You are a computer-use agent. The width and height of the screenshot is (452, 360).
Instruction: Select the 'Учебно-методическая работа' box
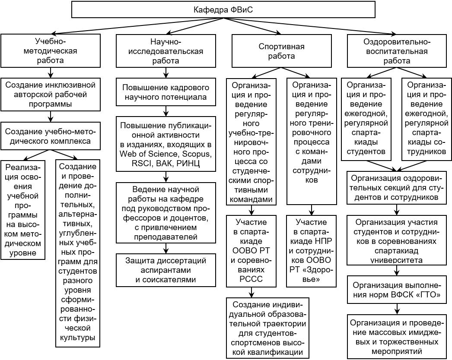point(51,51)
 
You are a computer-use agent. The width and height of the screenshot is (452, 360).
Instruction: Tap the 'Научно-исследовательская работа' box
point(166,51)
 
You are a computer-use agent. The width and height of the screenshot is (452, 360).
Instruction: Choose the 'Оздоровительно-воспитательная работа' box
point(397,51)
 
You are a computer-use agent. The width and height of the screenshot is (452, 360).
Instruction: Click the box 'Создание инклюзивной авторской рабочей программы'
point(51,94)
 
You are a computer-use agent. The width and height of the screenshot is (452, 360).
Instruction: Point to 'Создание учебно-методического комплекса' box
point(51,136)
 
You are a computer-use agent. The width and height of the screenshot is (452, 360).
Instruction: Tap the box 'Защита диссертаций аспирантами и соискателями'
point(166,270)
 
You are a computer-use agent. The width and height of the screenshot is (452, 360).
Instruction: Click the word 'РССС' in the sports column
point(251,279)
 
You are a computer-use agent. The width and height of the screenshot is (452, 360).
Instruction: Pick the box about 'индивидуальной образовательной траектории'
point(267,328)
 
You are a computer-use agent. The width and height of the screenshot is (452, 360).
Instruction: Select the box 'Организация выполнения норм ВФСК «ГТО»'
point(397,290)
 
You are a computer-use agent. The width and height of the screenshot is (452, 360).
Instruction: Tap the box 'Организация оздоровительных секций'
point(397,187)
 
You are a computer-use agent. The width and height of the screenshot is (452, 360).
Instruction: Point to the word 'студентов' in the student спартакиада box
point(366,152)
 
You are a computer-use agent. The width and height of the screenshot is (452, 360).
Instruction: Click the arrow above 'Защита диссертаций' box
point(166,248)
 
